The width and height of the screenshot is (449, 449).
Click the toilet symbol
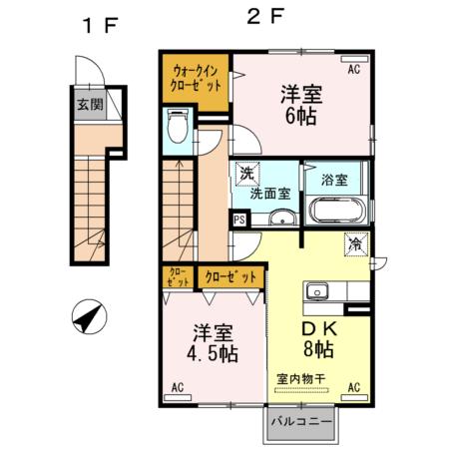[177, 127]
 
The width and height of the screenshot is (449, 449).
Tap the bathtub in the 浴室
[337, 211]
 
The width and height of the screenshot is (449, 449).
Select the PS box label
[239, 220]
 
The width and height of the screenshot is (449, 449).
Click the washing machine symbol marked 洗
[247, 174]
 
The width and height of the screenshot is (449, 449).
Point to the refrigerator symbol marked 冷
[356, 244]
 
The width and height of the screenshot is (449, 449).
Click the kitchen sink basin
[317, 291]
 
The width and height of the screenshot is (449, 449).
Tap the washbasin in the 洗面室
[282, 218]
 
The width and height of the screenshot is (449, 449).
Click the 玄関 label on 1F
[90, 105]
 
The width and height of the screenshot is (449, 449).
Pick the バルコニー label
[301, 422]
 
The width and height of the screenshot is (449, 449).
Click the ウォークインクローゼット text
[196, 79]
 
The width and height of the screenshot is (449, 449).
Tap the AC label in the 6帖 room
[354, 70]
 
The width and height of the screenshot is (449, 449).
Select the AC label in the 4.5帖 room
[178, 387]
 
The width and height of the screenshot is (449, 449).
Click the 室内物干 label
[300, 379]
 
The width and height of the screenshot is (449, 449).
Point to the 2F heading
[265, 17]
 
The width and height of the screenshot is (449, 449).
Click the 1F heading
[101, 25]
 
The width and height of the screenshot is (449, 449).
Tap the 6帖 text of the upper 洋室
[300, 116]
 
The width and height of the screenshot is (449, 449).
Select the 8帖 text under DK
[318, 349]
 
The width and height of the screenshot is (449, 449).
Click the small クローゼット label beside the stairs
[178, 277]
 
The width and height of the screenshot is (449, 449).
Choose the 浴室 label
[334, 180]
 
